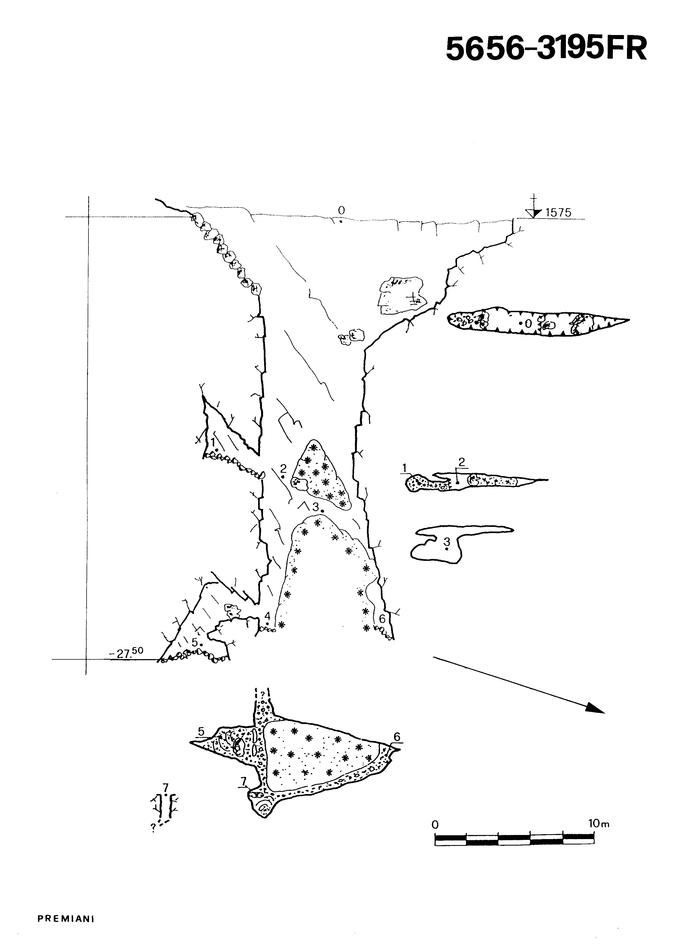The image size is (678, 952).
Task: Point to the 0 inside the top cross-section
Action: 528,323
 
